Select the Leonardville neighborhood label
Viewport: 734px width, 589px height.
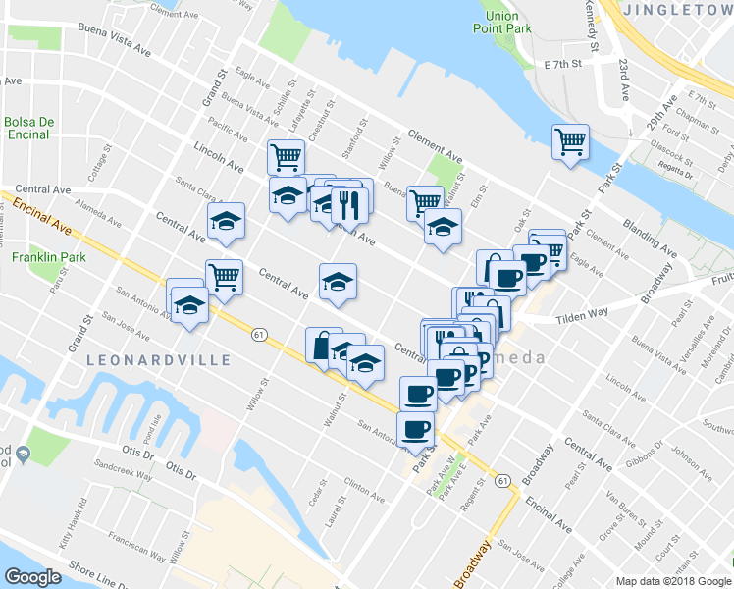pos(159,360)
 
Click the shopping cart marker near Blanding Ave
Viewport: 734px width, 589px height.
pos(570,142)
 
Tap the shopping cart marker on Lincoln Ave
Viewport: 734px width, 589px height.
pos(286,155)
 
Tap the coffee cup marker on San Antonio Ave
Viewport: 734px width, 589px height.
pos(415,428)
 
